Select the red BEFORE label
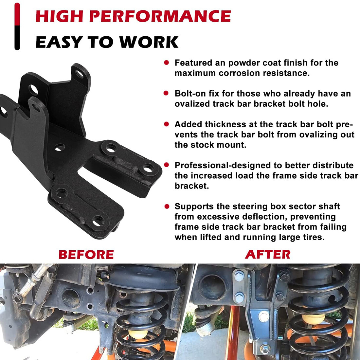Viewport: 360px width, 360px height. [86, 254]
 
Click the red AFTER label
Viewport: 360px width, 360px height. [268, 254]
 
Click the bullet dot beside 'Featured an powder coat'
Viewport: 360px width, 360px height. [167, 63]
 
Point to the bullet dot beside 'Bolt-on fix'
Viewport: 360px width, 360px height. [167, 93]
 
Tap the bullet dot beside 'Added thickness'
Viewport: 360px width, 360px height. [167, 124]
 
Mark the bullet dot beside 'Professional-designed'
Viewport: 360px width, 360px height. [167, 165]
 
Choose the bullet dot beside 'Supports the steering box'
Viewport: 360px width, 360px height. [167, 206]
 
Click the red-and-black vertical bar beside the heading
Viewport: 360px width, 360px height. [17, 26]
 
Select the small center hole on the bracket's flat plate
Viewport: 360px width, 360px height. [59, 148]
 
